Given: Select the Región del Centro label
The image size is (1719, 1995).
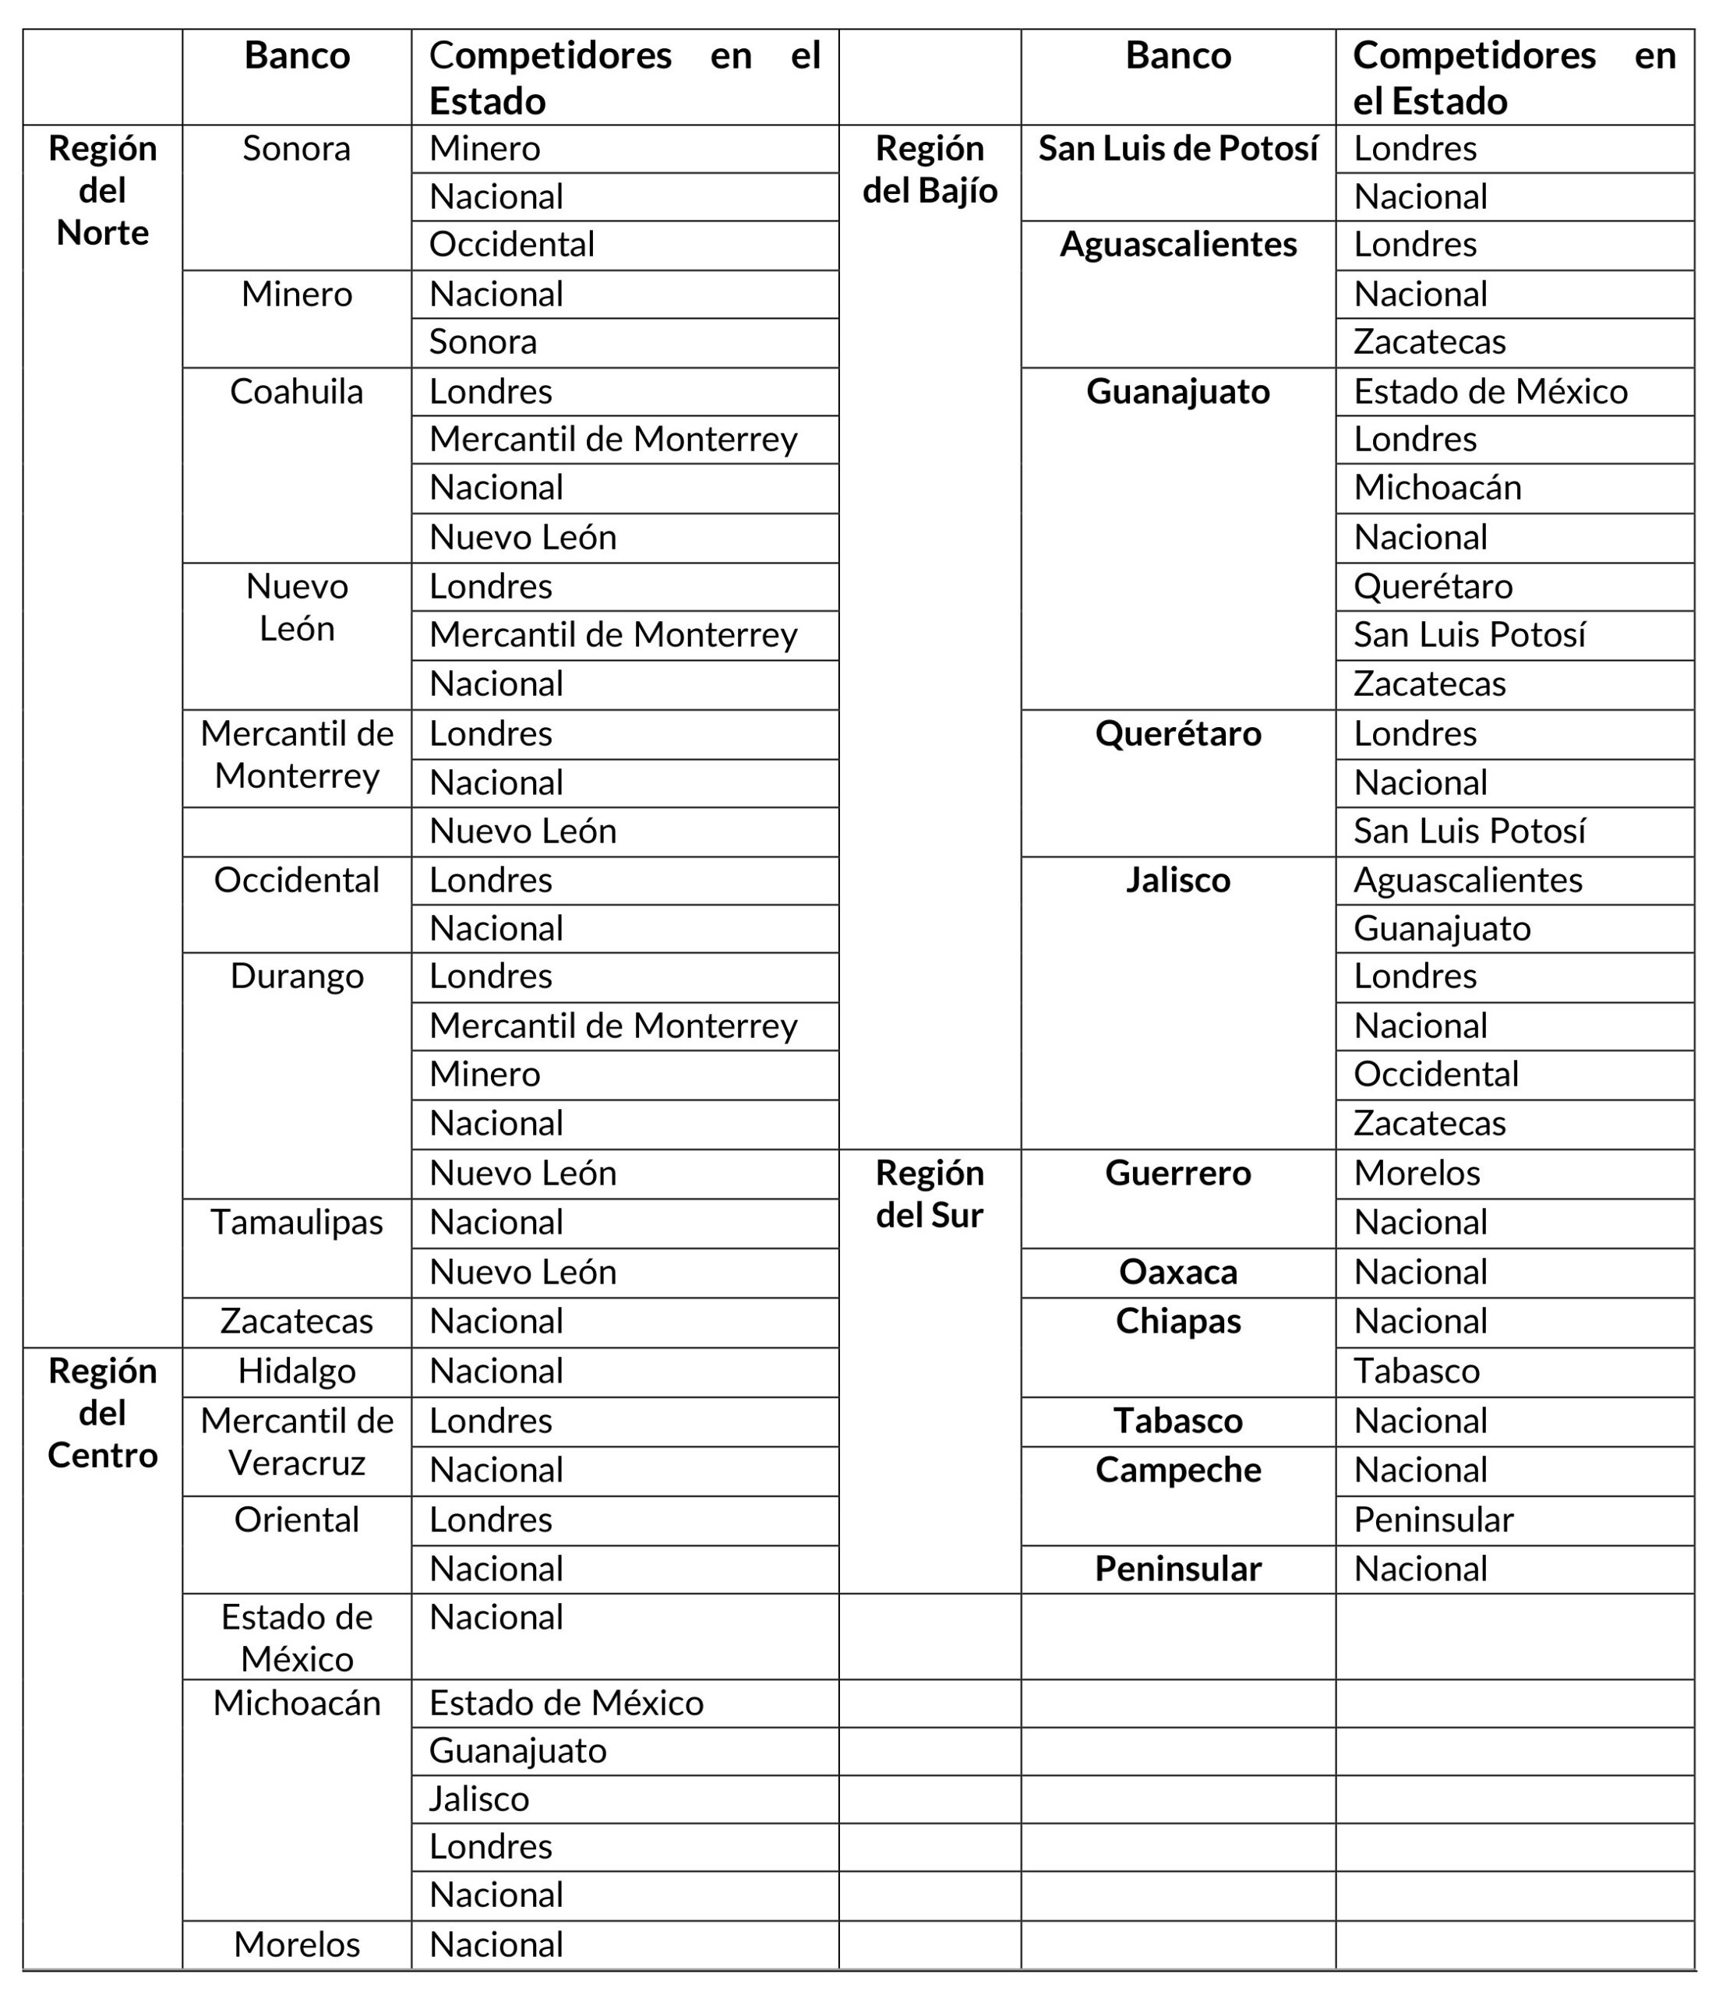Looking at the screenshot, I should (x=102, y=1413).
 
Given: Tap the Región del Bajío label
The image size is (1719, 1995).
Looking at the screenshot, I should (x=930, y=169).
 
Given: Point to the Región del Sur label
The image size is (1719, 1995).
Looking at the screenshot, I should (x=930, y=1194).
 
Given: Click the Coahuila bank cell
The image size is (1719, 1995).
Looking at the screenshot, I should (x=297, y=392).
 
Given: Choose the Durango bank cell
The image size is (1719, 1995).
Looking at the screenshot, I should (x=297, y=976).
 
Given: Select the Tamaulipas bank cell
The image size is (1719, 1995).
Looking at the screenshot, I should (x=297, y=1223).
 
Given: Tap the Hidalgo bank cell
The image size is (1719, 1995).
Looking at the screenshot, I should (x=297, y=1371).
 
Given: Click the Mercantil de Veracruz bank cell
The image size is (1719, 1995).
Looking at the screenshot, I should (x=297, y=1442).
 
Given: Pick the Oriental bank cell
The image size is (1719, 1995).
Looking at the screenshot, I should (x=297, y=1520).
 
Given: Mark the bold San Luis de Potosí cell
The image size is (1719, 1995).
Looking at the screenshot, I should (x=1177, y=150).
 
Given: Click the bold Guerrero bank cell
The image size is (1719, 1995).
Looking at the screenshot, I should (x=1177, y=1173).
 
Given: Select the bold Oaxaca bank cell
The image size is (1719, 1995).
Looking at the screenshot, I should (x=1177, y=1272).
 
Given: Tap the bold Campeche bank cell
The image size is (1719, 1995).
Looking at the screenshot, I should (x=1177, y=1471).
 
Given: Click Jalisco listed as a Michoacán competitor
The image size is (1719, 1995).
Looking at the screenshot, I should (x=478, y=1799).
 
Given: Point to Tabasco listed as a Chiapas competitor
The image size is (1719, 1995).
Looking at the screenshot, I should (x=1416, y=1371).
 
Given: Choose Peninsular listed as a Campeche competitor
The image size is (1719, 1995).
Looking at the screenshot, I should (x=1433, y=1520).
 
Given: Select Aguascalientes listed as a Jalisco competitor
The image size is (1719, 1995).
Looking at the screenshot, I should (x=1467, y=880).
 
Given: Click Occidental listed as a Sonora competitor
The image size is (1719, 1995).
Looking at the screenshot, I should (x=511, y=245).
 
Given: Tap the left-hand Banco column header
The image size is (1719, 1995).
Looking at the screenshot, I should (x=297, y=56).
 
